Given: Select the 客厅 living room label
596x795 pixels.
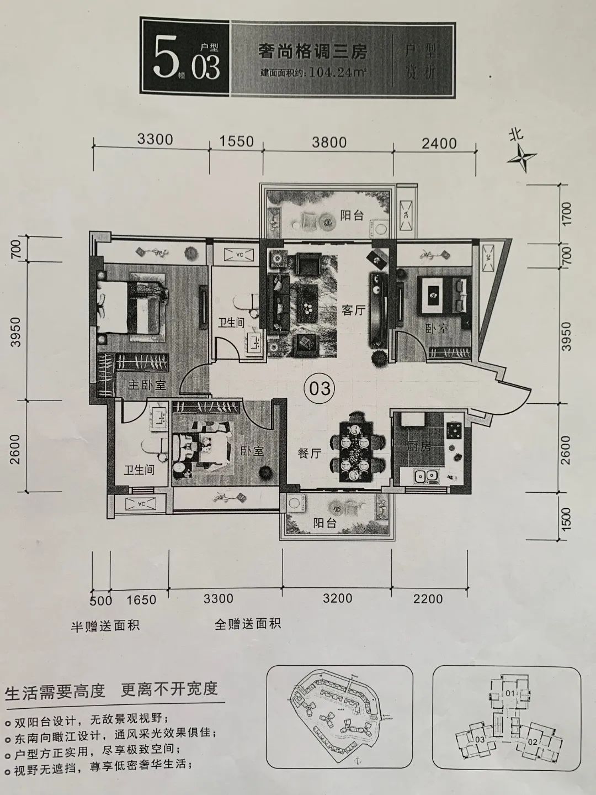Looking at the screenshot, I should coord(353,310).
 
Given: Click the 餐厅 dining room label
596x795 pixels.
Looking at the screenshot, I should coord(309,453).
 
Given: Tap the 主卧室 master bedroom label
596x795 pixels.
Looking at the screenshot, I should coord(147,385).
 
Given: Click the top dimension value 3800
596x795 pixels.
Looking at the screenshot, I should coord(329,142).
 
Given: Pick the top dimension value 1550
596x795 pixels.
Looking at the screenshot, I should coord(236,141).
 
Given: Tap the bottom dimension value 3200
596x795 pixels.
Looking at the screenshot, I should coord(337,598).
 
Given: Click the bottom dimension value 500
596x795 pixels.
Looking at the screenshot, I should coord(100,601).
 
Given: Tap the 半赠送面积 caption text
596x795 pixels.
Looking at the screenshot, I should coord(105,625).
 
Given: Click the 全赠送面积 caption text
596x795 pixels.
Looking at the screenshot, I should coord(248,624).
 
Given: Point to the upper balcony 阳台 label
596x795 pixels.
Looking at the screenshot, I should coord(352,215).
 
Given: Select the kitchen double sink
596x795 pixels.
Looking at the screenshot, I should coord(426,475).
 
